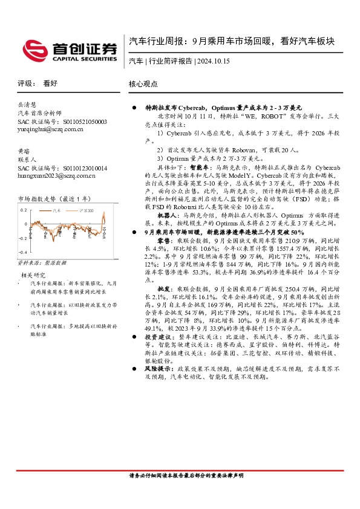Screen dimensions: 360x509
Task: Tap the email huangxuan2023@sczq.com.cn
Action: pos(56,176)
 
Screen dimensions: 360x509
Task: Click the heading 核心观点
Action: pos(143,84)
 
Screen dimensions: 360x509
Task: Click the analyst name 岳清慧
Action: pos(27,104)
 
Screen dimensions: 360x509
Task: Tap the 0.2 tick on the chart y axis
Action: pos(23,210)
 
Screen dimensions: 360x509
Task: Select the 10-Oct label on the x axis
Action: pos(105,233)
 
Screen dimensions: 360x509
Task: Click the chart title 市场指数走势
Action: pos(37,198)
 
